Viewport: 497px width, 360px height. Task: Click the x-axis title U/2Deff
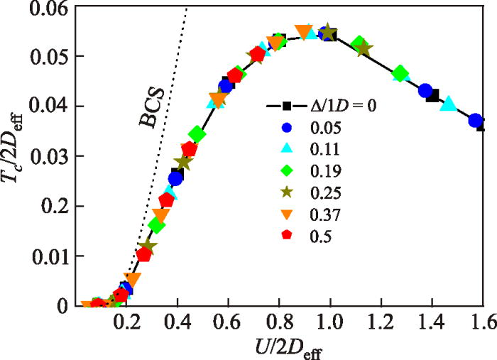pos(280,346)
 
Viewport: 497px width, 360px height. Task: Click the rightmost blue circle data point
pos(476,121)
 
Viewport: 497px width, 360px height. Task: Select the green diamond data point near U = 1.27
pos(400,74)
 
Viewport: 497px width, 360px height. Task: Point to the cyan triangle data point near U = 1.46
pos(448,104)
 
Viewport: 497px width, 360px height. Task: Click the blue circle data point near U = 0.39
pos(175,178)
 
